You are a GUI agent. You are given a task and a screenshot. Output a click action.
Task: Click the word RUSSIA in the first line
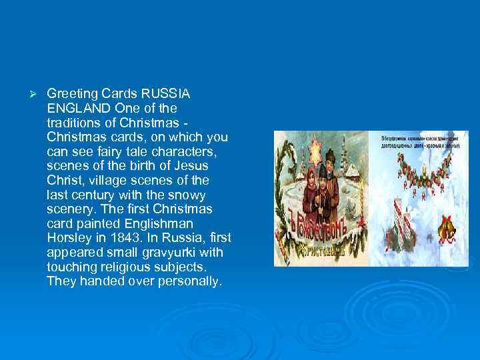coord(166,94)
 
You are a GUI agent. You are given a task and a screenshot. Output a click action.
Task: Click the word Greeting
coord(69,94)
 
